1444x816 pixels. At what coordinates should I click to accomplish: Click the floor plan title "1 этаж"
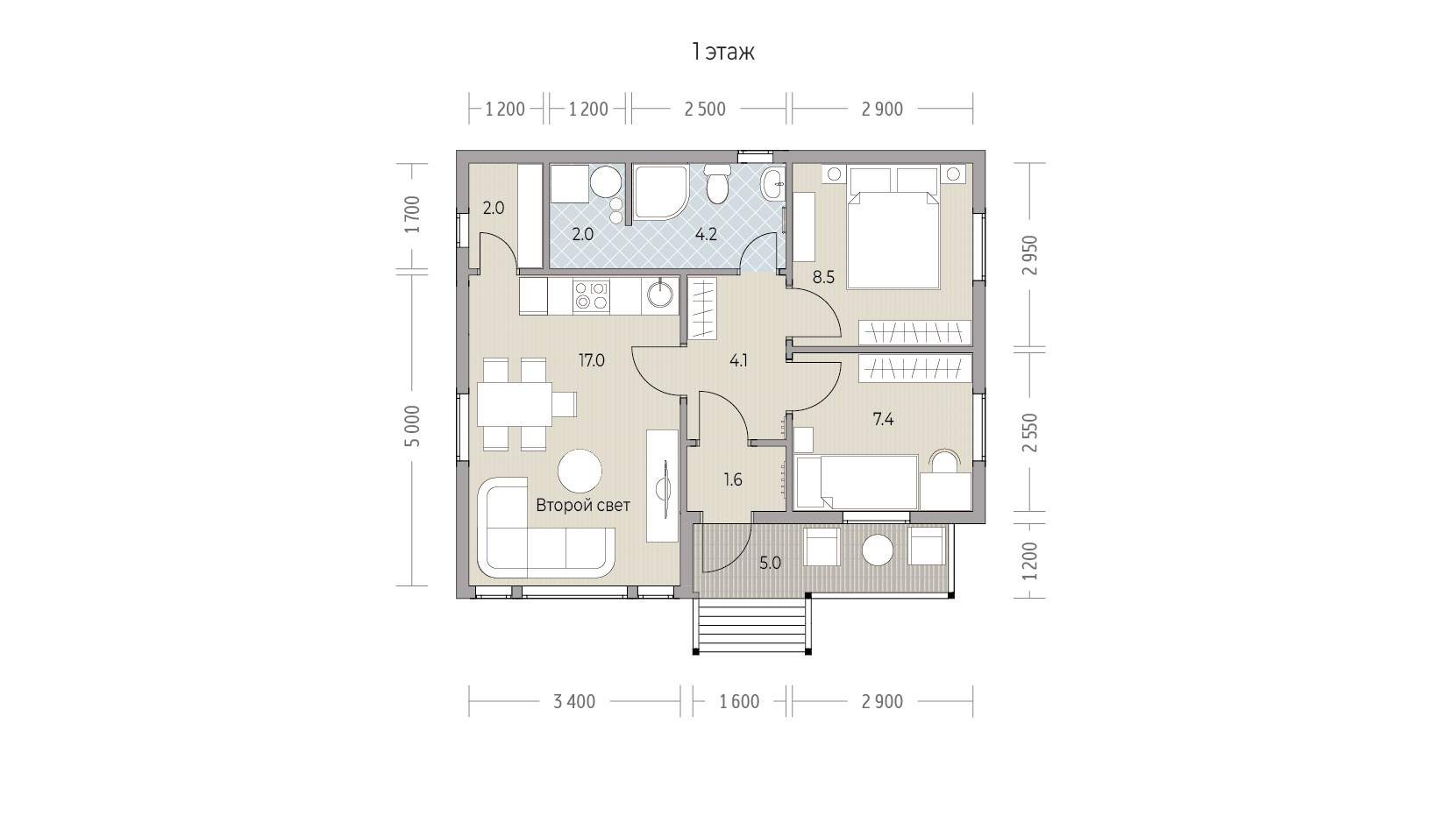(722, 52)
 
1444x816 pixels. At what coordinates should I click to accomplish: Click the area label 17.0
(591, 361)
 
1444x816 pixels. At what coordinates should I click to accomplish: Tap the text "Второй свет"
(583, 506)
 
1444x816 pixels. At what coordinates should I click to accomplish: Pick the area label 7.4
(883, 420)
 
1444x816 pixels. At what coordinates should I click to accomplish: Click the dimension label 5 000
(413, 426)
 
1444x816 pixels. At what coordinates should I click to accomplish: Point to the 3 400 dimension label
(574, 701)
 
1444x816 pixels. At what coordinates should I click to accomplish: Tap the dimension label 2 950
(1030, 255)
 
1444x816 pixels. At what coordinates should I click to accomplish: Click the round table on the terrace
(878, 550)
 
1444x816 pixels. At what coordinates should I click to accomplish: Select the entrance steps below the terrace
(751, 626)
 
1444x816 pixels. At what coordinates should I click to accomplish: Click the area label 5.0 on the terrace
(770, 564)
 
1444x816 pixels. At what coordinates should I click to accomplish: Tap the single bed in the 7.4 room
(856, 482)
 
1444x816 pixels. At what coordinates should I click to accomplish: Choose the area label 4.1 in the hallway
(738, 361)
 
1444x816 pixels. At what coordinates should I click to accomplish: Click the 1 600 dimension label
(739, 701)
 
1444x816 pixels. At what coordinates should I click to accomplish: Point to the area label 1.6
(733, 479)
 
